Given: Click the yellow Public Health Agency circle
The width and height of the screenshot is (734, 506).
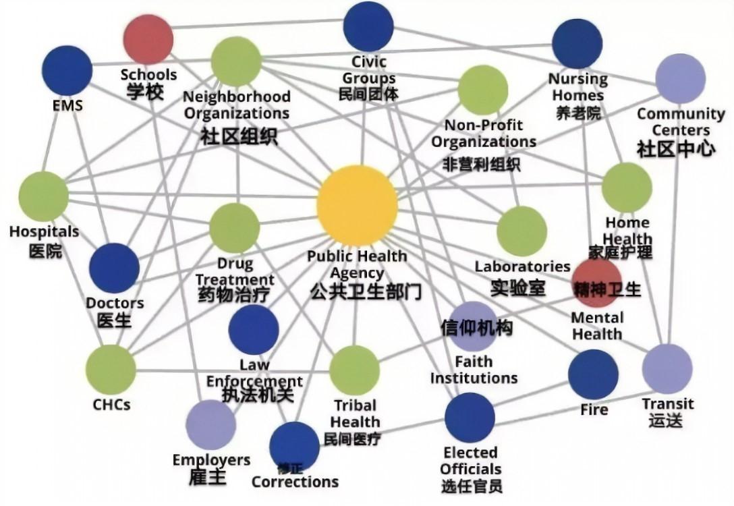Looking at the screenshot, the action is point(357,206).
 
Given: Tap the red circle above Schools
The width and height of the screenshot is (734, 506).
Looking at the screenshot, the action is point(148,39).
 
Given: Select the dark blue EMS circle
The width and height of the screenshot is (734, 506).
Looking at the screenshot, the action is point(67,71).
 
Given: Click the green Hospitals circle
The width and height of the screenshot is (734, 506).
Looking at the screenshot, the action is point(44,196).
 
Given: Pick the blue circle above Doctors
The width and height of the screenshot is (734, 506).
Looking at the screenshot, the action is point(114,269).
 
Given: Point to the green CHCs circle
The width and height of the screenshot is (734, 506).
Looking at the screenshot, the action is point(111,370).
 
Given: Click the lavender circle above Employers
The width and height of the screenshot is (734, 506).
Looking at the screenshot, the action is point(210,424).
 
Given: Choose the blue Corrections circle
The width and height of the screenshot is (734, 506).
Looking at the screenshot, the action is point(294,447).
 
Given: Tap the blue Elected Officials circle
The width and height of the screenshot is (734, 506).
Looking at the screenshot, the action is point(470,418).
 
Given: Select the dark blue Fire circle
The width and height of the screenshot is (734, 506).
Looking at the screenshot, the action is point(593,374).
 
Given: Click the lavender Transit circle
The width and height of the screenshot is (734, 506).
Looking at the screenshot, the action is point(667,369).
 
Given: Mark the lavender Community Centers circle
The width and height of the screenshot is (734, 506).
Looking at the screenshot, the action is point(680,79).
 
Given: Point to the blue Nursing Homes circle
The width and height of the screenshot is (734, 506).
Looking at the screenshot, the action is point(577,44).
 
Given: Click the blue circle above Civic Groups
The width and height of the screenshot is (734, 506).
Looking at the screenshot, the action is point(368,26).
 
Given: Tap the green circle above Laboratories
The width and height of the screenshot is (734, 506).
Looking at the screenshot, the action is point(521,231).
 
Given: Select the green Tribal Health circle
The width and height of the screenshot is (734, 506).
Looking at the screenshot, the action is point(354,370).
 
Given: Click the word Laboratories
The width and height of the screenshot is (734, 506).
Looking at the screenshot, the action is point(522,266).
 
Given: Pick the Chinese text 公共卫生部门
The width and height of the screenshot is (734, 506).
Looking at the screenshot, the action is point(366,292).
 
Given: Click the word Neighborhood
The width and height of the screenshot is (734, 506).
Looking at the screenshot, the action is point(237,96).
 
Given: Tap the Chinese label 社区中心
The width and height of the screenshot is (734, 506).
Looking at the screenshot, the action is point(676,149).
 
